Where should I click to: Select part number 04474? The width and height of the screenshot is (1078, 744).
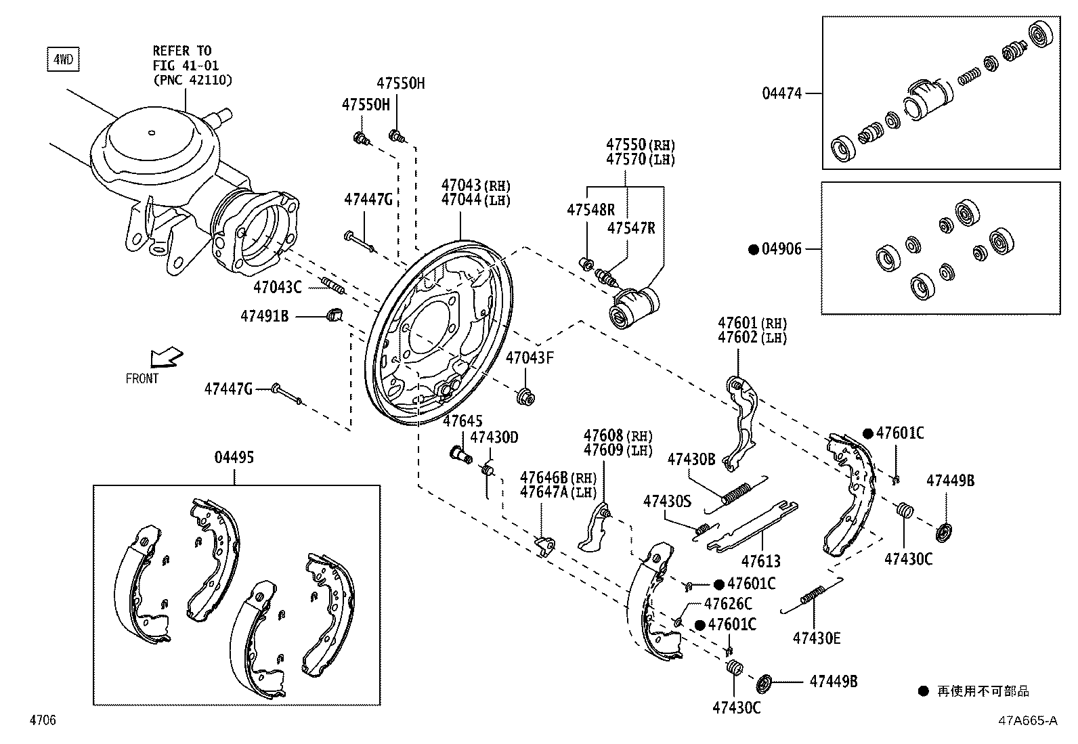pos(781,93)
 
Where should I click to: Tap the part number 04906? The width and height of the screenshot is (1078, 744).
pos(781,249)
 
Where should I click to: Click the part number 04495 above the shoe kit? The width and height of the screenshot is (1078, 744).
pos(234,458)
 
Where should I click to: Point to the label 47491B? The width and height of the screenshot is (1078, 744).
pos(265,315)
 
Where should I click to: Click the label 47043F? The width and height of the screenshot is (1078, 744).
pos(530,358)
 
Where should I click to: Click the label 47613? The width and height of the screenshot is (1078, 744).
pos(760,561)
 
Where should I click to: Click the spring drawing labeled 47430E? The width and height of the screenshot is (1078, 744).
pos(811,596)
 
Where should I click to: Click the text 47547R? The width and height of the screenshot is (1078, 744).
pos(631,228)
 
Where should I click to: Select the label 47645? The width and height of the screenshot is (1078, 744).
pos(462,422)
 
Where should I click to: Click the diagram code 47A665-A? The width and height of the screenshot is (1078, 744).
pos(1027,720)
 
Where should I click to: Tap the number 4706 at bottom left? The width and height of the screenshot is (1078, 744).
pos(43,720)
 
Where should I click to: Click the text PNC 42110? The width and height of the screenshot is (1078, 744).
pos(192,81)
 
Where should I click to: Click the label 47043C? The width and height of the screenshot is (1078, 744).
pos(278,287)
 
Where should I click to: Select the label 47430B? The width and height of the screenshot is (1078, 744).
pos(691,459)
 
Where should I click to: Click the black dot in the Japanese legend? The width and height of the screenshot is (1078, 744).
pos(923,691)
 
